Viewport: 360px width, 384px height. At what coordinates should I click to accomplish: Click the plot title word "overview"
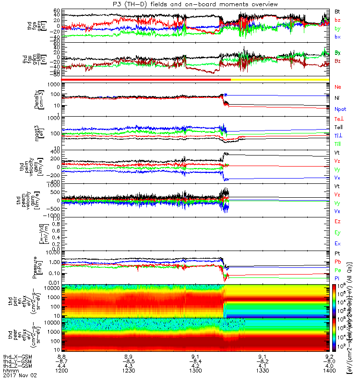coord(263,4)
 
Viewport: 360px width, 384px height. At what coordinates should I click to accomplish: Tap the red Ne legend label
coord(337,87)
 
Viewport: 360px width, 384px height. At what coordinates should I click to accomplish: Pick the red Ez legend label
coord(337,221)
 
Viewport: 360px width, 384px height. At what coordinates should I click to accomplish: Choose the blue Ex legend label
coord(337,244)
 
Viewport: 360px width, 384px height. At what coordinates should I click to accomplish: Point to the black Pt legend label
coord(337,253)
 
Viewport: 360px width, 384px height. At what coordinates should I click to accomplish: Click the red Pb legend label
coord(337,262)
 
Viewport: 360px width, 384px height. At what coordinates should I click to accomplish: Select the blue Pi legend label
coord(337,278)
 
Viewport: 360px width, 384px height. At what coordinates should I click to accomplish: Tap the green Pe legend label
coord(337,270)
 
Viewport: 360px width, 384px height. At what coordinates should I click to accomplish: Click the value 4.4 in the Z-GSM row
coord(61,367)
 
